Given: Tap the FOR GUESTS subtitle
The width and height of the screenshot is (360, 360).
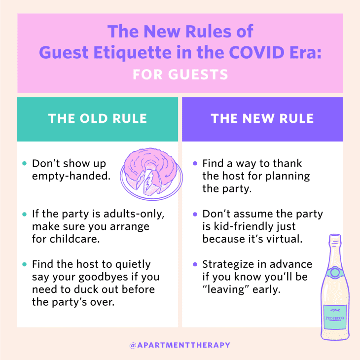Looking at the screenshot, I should pyautogui.click(x=180, y=74).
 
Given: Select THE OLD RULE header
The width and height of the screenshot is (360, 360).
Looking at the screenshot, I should pyautogui.click(x=98, y=119).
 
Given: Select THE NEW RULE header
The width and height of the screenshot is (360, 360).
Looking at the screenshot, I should pyautogui.click(x=262, y=119).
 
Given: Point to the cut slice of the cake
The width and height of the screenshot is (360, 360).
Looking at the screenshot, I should pyautogui.click(x=150, y=183).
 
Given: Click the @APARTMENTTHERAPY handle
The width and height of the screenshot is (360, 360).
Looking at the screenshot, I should pyautogui.click(x=180, y=345).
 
